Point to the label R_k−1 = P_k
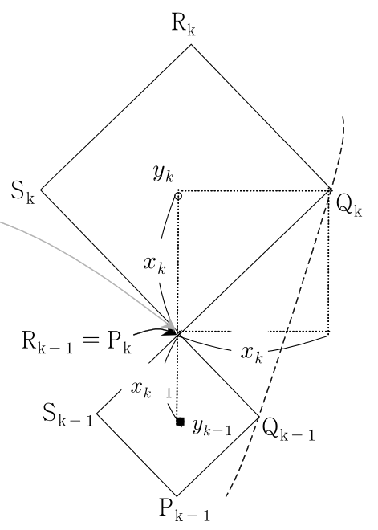(x=76, y=342)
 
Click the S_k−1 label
(x=68, y=414)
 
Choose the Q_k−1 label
(x=288, y=430)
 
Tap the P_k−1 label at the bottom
(x=185, y=509)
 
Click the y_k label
(x=164, y=173)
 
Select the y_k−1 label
(x=212, y=427)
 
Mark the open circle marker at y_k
(x=178, y=196)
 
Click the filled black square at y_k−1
(x=180, y=422)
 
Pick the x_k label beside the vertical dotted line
(x=155, y=265)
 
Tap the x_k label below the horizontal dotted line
(x=252, y=355)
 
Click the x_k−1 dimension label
(x=152, y=389)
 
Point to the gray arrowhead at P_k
(x=171, y=326)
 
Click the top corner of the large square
(x=191, y=44)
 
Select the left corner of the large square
(x=41, y=190)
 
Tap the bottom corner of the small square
(x=177, y=496)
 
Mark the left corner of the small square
(x=97, y=413)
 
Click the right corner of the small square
(x=259, y=417)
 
